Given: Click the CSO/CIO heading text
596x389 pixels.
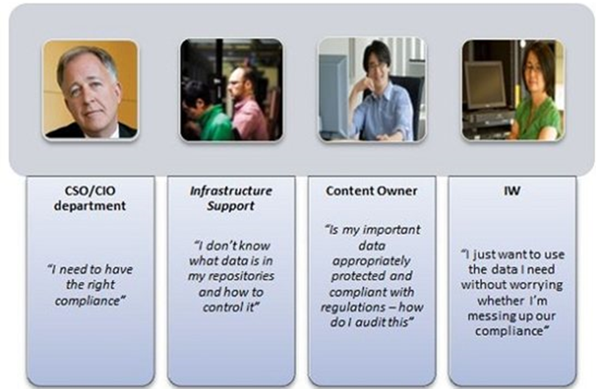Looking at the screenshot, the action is click(x=90, y=190).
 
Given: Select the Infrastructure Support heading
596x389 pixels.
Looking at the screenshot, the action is click(x=231, y=198).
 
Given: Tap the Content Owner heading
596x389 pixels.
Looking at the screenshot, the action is click(x=372, y=191).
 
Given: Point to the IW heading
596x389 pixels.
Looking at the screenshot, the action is click(x=512, y=190).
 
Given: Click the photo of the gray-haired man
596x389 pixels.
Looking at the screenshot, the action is click(x=90, y=89).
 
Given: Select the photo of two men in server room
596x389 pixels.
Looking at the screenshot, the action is click(x=231, y=89).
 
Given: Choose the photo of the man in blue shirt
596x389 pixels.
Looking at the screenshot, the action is click(x=372, y=89).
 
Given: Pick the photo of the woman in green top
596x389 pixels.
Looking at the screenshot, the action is click(x=513, y=89).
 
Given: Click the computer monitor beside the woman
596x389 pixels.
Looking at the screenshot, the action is click(x=486, y=85).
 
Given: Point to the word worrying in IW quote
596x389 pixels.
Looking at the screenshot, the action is click(x=536, y=286).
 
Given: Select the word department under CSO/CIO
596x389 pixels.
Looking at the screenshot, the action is click(x=89, y=206).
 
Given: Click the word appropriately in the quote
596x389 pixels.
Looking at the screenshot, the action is click(x=372, y=261).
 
